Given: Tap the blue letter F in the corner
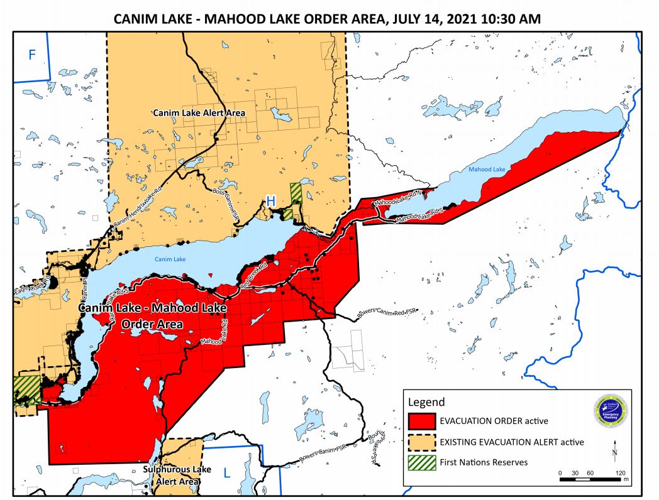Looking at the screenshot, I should tap(32, 55).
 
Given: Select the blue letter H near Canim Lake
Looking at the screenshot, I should tap(270, 200).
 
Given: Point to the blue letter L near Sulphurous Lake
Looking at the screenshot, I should tap(227, 472).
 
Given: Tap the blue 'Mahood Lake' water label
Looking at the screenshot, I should tap(484, 169).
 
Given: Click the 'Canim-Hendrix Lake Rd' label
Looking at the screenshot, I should tap(134, 212).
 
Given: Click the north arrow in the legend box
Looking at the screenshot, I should tap(614, 450).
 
